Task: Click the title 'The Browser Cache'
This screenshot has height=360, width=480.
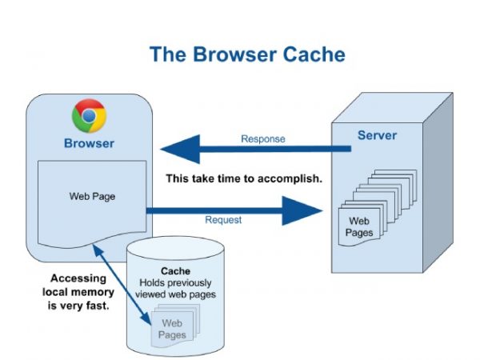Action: [x=247, y=54]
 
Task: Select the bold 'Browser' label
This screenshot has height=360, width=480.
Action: [x=89, y=144]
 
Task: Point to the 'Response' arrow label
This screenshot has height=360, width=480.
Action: [x=262, y=138]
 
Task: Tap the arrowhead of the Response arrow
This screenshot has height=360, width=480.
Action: [x=177, y=149]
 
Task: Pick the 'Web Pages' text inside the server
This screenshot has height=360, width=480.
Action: [x=357, y=226]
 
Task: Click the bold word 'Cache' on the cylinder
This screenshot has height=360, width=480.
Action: [x=175, y=271]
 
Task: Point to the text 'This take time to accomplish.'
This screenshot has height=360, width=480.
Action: [x=244, y=178]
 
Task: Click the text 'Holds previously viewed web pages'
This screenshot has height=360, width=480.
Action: [x=174, y=289]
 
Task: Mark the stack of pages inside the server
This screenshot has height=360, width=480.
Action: [x=376, y=200]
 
